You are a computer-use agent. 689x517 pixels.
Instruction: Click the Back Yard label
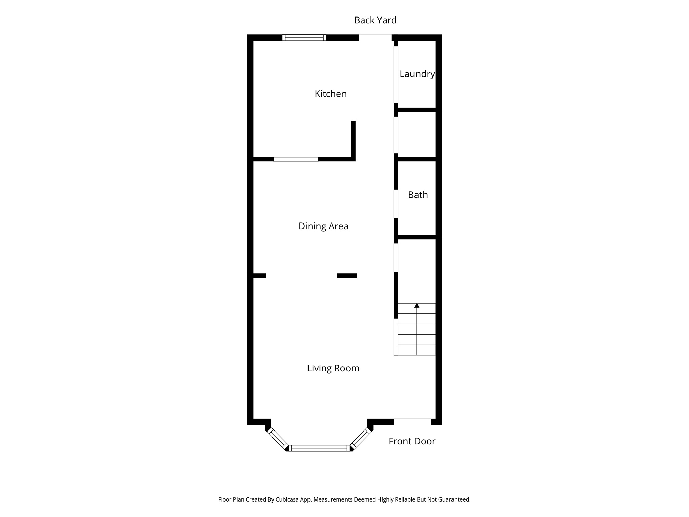(x=375, y=20)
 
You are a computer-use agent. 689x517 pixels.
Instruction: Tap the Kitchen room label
(x=330, y=94)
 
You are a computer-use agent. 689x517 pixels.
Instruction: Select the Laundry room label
(x=417, y=74)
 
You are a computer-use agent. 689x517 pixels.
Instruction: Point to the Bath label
(x=418, y=195)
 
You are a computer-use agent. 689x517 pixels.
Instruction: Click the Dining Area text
(x=323, y=226)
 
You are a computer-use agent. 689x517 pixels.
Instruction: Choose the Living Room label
(x=333, y=368)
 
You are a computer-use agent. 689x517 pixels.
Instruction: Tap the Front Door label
(x=411, y=441)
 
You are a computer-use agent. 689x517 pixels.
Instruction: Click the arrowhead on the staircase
(x=417, y=305)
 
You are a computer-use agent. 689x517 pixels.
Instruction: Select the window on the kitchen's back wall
(x=304, y=38)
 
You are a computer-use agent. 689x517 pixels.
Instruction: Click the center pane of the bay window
(x=319, y=448)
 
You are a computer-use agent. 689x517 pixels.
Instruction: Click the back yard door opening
(x=375, y=38)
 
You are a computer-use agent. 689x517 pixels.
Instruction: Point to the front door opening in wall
(x=412, y=422)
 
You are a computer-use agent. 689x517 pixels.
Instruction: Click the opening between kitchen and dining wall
(x=296, y=159)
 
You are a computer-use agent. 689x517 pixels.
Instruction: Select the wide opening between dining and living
(x=301, y=276)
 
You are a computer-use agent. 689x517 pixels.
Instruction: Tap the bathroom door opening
(x=396, y=204)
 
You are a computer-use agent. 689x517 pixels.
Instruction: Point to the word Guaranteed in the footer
(x=455, y=499)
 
